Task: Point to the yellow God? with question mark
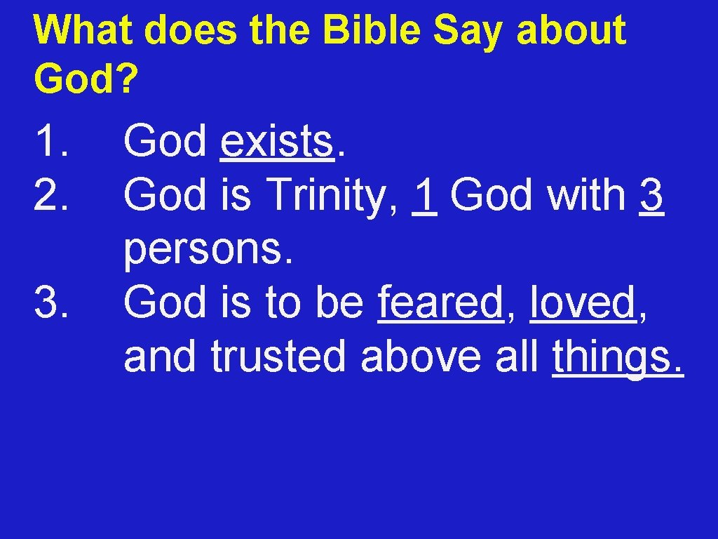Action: (85, 80)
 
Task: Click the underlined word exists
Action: (276, 141)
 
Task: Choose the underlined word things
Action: (617, 357)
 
